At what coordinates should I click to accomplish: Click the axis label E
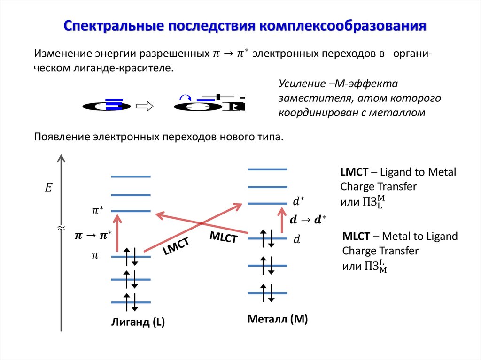click(48, 189)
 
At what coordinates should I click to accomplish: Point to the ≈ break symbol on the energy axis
click(61, 229)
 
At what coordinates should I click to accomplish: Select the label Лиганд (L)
click(138, 322)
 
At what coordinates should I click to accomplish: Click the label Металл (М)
click(278, 320)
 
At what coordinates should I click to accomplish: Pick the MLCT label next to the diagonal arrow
click(224, 237)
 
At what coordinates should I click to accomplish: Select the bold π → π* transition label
click(93, 234)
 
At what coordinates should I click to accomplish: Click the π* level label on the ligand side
click(98, 211)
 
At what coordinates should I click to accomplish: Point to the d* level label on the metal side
click(298, 202)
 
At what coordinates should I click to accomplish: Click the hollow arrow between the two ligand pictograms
click(145, 107)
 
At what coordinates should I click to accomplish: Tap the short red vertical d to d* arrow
click(282, 221)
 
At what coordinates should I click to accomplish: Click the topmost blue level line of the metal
click(267, 169)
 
